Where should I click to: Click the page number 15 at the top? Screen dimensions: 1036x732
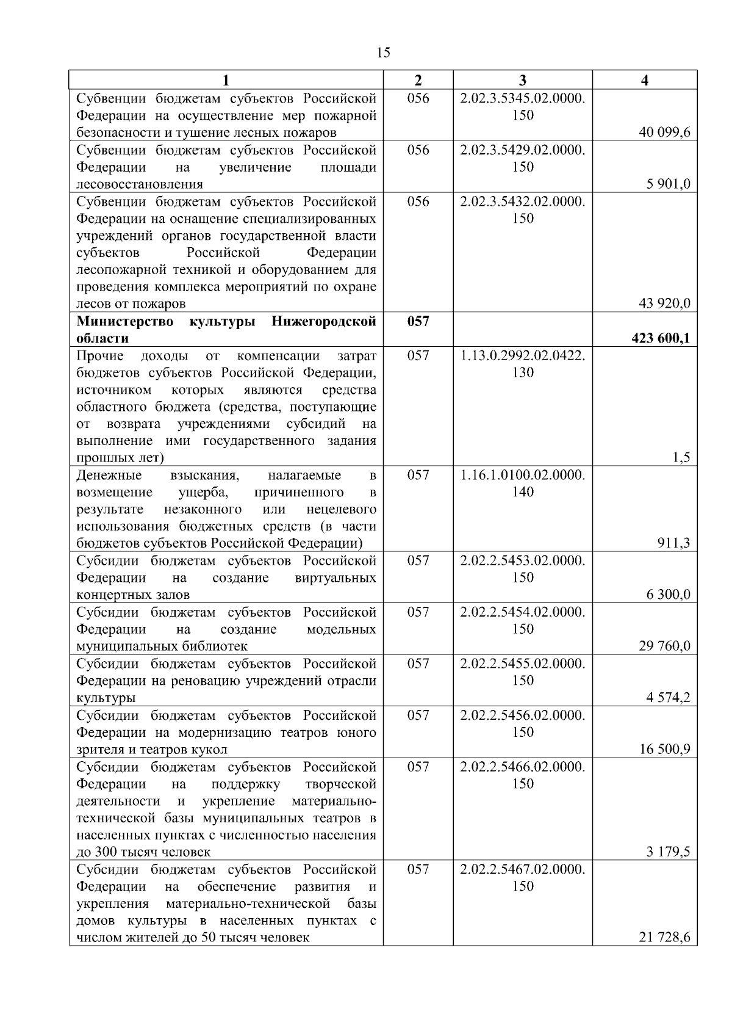384,53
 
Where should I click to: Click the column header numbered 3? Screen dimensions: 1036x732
523,81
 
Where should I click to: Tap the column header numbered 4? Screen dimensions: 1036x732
645,81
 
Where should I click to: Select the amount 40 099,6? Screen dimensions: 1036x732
664,132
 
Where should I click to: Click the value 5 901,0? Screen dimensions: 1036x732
669,184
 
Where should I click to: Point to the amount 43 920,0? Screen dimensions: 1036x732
664,303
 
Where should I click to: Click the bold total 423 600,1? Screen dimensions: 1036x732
661,338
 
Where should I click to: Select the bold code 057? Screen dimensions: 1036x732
418,321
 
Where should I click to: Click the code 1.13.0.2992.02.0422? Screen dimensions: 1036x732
523,355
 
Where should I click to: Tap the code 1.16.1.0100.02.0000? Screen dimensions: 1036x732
523,475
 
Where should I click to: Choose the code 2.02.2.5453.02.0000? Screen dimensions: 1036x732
523,560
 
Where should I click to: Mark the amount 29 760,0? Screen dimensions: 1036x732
664,646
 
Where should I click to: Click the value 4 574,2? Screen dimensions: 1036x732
669,698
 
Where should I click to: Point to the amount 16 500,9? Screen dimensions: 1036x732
664,749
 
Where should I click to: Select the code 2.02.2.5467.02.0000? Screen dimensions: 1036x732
523,869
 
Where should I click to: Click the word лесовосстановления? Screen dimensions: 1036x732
140,184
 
